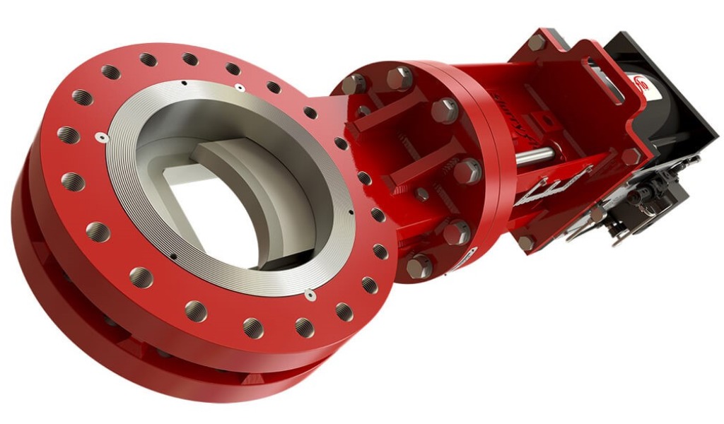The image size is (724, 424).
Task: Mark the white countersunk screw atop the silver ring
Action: pyautogui.click(x=240, y=88)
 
